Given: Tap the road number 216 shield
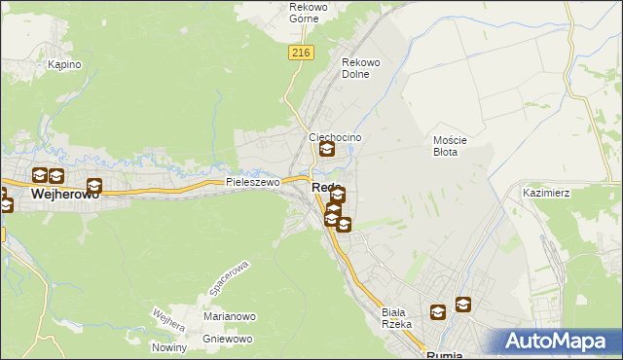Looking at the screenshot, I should [x=299, y=54].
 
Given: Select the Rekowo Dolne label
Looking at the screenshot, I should [x=359, y=68].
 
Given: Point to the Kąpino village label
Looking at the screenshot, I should [x=64, y=65].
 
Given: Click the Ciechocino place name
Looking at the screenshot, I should [x=335, y=137].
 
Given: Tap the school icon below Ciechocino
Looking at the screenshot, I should [x=327, y=150].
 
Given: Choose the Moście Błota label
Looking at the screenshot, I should [x=451, y=146].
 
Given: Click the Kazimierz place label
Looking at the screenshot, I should [x=545, y=194].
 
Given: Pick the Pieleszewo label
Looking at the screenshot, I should [x=253, y=182].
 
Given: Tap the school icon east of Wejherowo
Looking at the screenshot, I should [x=93, y=186].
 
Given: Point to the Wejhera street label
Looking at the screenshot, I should [x=168, y=320].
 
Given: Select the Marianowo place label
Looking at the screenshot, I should [x=229, y=316].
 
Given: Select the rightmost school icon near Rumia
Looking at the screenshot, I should [x=463, y=305].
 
